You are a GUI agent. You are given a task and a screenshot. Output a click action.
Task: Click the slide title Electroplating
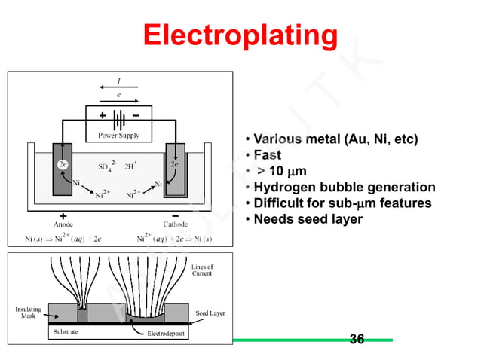point(240,35)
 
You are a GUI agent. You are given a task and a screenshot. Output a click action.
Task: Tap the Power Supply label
point(118,136)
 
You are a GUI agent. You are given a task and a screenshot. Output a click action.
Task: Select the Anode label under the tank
point(63,224)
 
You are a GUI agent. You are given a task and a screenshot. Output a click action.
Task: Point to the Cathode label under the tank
point(176,224)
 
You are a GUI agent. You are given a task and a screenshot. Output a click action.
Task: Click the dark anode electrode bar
point(63,169)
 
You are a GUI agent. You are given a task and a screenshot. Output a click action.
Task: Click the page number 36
point(357,339)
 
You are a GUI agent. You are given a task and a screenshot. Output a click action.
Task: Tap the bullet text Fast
point(267,155)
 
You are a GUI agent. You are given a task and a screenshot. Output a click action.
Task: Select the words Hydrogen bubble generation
point(344,187)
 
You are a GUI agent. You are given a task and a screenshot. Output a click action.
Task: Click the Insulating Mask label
point(28,313)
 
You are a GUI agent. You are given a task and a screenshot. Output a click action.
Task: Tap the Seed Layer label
point(210,313)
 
